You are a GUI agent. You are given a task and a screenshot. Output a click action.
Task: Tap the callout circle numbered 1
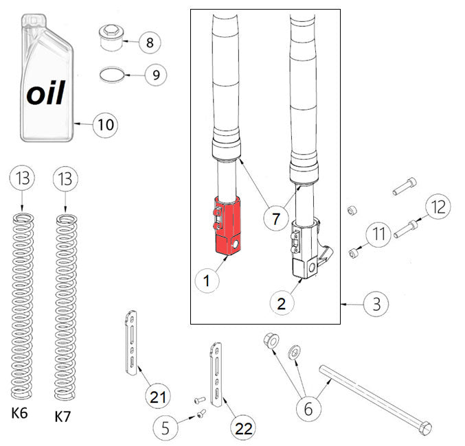click(207, 279)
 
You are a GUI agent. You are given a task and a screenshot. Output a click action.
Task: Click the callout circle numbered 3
click(375, 303)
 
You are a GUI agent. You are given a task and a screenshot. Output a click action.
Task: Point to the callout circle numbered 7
click(275, 220)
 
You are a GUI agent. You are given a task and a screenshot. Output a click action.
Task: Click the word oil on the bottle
click(46, 93)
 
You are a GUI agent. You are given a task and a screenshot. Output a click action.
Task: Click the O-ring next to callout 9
click(113, 73)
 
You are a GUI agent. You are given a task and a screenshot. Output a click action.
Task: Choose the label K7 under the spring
click(64, 416)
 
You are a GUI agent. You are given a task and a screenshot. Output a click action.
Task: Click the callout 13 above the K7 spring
click(65, 180)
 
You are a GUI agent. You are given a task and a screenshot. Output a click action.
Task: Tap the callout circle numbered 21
click(158, 396)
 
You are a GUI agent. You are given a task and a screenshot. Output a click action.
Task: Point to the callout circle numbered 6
click(308, 409)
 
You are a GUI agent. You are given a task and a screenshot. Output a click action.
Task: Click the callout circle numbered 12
click(438, 206)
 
